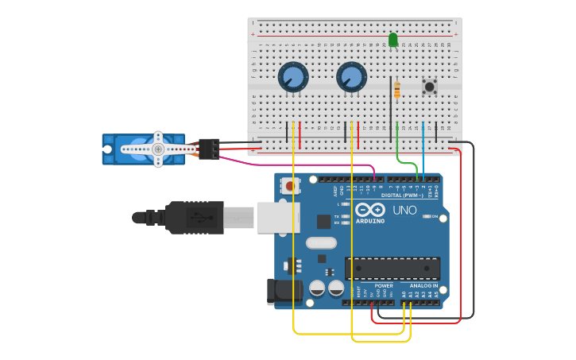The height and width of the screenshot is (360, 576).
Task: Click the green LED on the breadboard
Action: click(x=393, y=39)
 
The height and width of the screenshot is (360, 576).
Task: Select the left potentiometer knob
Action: click(x=292, y=77)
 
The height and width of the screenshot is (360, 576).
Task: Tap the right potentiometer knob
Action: click(x=351, y=77)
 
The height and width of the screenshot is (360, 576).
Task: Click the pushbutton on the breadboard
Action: click(x=430, y=87)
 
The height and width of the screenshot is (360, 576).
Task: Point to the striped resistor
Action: click(x=396, y=89)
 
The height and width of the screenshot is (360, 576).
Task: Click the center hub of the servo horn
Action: click(x=157, y=149)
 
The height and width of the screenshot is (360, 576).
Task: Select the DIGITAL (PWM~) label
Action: click(x=402, y=195)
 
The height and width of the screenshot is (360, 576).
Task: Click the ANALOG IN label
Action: click(x=423, y=285)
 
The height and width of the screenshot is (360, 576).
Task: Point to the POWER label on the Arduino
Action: click(x=384, y=285)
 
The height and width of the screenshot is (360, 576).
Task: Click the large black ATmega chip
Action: click(x=392, y=269)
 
